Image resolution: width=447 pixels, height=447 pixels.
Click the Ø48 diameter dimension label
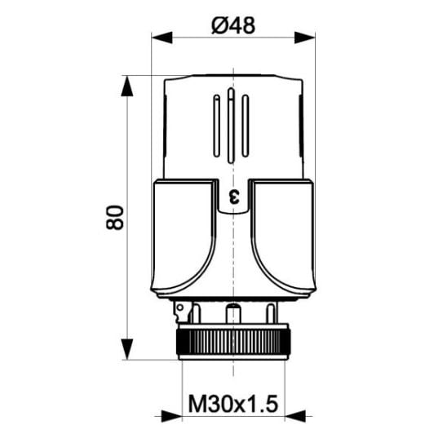pos(233,25)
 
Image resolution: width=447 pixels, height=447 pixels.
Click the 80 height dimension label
pos(115,218)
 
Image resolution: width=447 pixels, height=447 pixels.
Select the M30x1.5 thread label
pos(233,404)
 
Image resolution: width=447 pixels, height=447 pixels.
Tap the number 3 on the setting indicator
pos(234,197)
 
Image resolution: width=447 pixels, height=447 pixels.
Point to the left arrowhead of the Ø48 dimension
pos(162,38)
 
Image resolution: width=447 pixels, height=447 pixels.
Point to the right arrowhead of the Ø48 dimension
pos(305,38)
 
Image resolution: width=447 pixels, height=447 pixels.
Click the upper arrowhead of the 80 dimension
pos(127,86)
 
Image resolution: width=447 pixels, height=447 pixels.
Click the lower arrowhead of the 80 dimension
pos(127,349)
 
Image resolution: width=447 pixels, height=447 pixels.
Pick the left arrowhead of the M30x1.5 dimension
pos(171,416)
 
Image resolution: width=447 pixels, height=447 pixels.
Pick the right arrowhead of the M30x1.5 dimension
pos(295,416)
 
